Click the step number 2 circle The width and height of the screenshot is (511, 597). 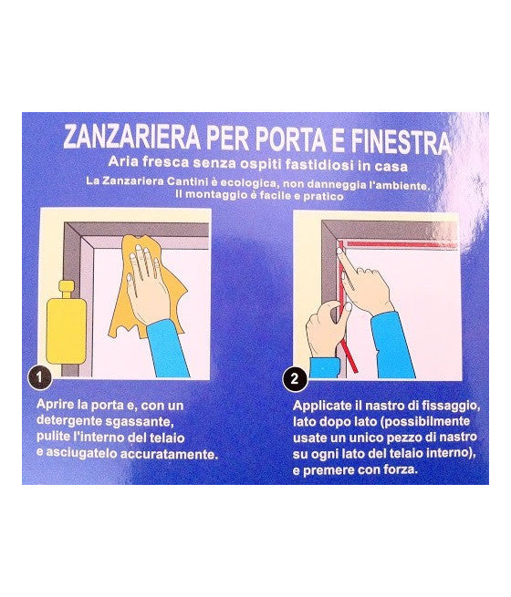point(294,376)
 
